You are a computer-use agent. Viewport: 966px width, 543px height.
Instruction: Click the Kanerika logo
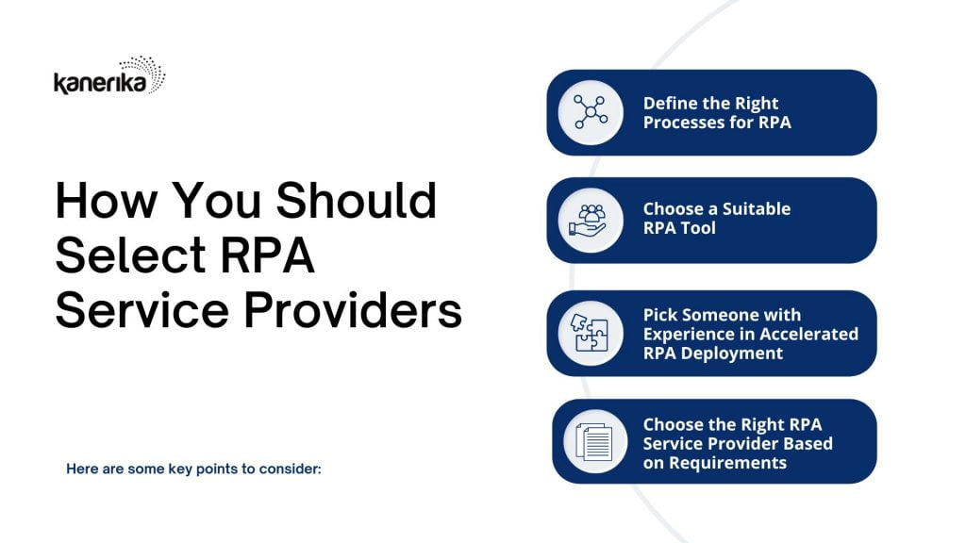tap(109, 75)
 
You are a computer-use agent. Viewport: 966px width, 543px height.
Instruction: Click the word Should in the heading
tap(356, 201)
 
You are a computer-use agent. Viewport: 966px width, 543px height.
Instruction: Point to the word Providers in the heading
tap(353, 309)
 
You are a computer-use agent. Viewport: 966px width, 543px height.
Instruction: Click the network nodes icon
tap(591, 112)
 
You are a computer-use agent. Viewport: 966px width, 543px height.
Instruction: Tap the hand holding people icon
tap(588, 221)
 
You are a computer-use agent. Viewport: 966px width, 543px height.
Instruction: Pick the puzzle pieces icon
tap(590, 333)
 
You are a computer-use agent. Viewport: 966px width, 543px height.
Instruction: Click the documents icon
tap(594, 441)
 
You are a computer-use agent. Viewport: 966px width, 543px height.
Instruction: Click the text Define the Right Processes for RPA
tap(717, 113)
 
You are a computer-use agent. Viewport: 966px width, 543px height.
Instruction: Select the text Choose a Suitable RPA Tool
tap(717, 219)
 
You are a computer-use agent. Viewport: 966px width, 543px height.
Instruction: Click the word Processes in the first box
tap(683, 122)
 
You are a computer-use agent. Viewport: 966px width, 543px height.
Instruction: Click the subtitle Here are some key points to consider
tap(193, 469)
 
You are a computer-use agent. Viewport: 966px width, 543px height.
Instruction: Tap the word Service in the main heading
tap(142, 309)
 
